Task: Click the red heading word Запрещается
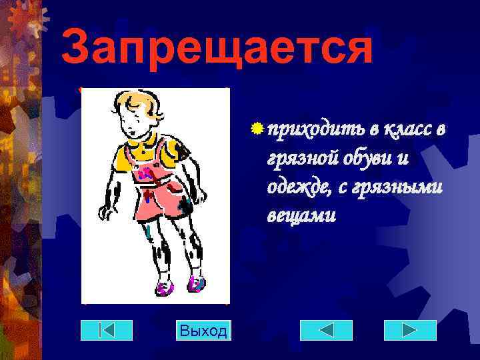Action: pyautogui.click(x=217, y=48)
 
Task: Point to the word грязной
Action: pyautogui.click(x=301, y=160)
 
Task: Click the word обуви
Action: pyautogui.click(x=370, y=159)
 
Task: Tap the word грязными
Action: pyautogui.click(x=401, y=189)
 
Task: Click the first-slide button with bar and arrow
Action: pyautogui.click(x=107, y=330)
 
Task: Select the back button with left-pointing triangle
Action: pyautogui.click(x=326, y=330)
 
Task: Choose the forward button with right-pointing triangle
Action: pyautogui.click(x=410, y=330)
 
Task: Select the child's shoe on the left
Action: pyautogui.click(x=163, y=289)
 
